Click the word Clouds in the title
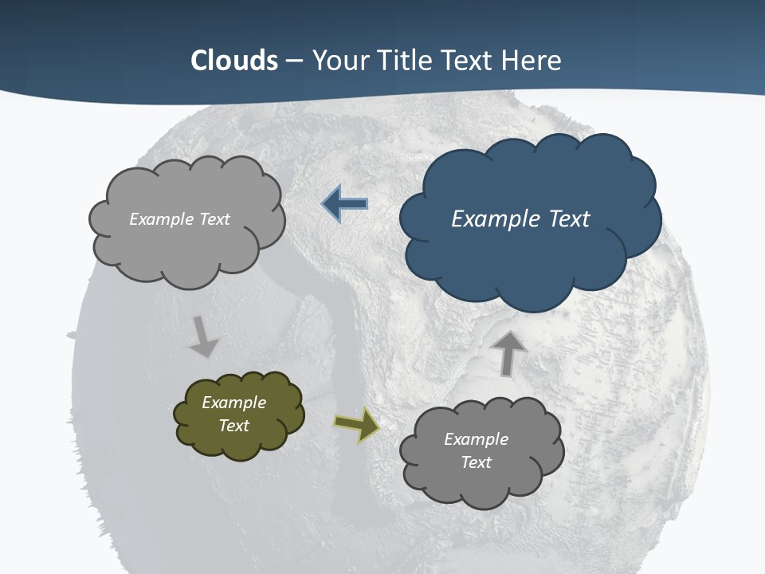pos(234,61)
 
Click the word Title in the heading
pos(403,61)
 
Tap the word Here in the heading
pos(532,61)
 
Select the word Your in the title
pos(340,61)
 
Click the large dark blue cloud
pos(530,255)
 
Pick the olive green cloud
pos(239,442)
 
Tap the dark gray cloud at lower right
pos(482,486)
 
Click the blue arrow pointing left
pos(344,204)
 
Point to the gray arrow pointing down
pos(204,336)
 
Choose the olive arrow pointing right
pos(357,425)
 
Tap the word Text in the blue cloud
pos(569,219)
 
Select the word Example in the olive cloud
pos(233,403)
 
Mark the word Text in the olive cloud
pos(233,426)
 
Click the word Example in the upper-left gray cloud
pos(159,219)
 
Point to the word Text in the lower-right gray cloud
pos(476,462)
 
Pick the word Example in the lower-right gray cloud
pos(476,439)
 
